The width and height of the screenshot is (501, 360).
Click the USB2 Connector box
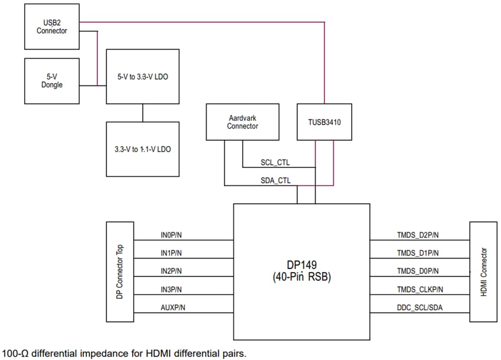(51, 26)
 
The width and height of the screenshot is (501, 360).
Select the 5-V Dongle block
(51, 81)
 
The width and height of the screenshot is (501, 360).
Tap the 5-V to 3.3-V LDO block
(143, 77)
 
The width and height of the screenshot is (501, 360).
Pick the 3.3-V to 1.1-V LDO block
(143, 149)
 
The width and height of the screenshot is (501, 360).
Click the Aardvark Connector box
(242, 122)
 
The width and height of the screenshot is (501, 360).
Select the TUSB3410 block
(324, 122)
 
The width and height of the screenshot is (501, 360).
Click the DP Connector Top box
(120, 272)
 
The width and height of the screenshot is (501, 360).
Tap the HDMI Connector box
(483, 272)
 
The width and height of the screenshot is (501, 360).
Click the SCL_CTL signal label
(275, 162)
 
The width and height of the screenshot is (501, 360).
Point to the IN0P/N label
(171, 235)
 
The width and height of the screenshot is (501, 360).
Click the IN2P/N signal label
(171, 271)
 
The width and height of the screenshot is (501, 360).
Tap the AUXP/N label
(173, 308)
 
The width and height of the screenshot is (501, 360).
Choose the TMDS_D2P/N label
(418, 235)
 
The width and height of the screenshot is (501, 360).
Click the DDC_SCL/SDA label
(419, 308)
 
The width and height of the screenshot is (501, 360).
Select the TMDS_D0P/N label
(418, 271)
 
